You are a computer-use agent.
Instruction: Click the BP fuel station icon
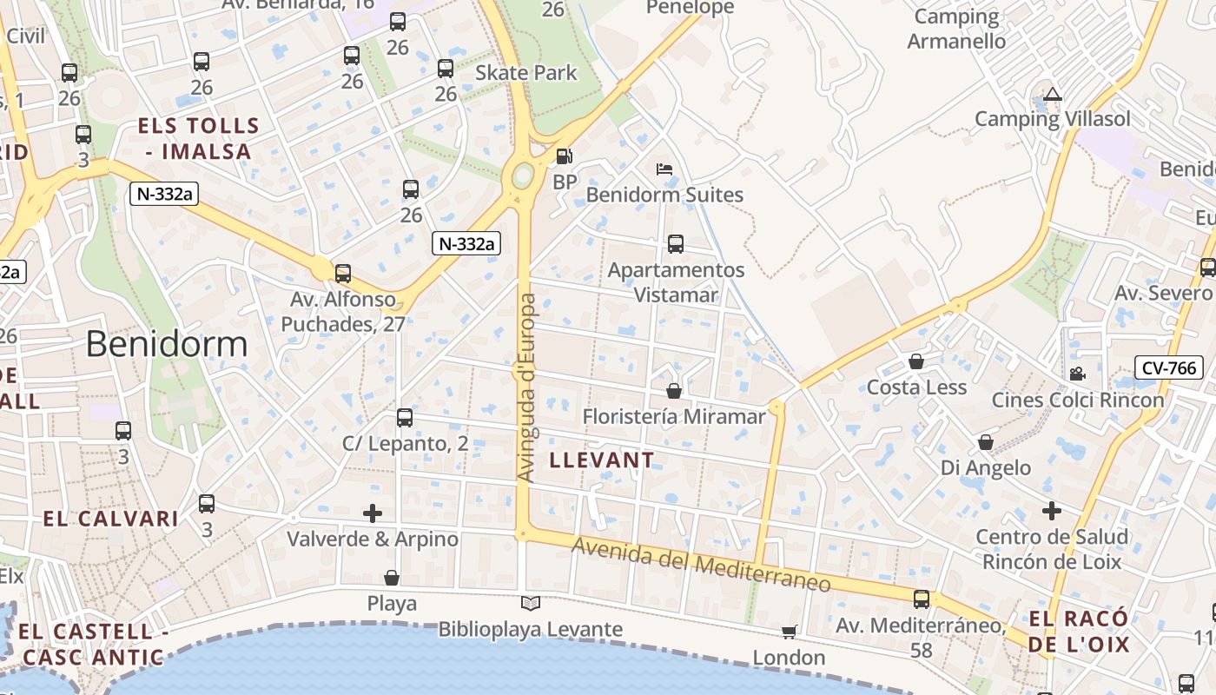565,156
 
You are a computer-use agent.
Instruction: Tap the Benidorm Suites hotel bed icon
664,169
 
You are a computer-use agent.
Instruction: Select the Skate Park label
525,73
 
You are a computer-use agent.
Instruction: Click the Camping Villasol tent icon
1053,95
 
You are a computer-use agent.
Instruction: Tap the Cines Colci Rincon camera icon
1077,374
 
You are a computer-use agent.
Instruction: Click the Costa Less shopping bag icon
916,361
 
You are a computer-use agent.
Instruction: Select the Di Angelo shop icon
986,443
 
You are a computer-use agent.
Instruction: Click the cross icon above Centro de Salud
1052,510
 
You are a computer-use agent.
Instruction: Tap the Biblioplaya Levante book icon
530,603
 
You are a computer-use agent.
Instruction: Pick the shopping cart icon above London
789,632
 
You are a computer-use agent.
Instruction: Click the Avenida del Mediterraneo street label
702,564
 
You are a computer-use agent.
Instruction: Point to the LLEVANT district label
602,460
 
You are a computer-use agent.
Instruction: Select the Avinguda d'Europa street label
527,387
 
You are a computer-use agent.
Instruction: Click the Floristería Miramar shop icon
674,391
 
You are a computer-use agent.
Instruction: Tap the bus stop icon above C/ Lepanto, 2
405,418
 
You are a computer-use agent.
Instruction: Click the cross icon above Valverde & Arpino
373,513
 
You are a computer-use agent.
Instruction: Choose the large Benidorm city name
167,345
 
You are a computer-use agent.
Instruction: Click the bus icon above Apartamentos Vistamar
676,244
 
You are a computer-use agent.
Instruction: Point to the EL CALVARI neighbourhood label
110,519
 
